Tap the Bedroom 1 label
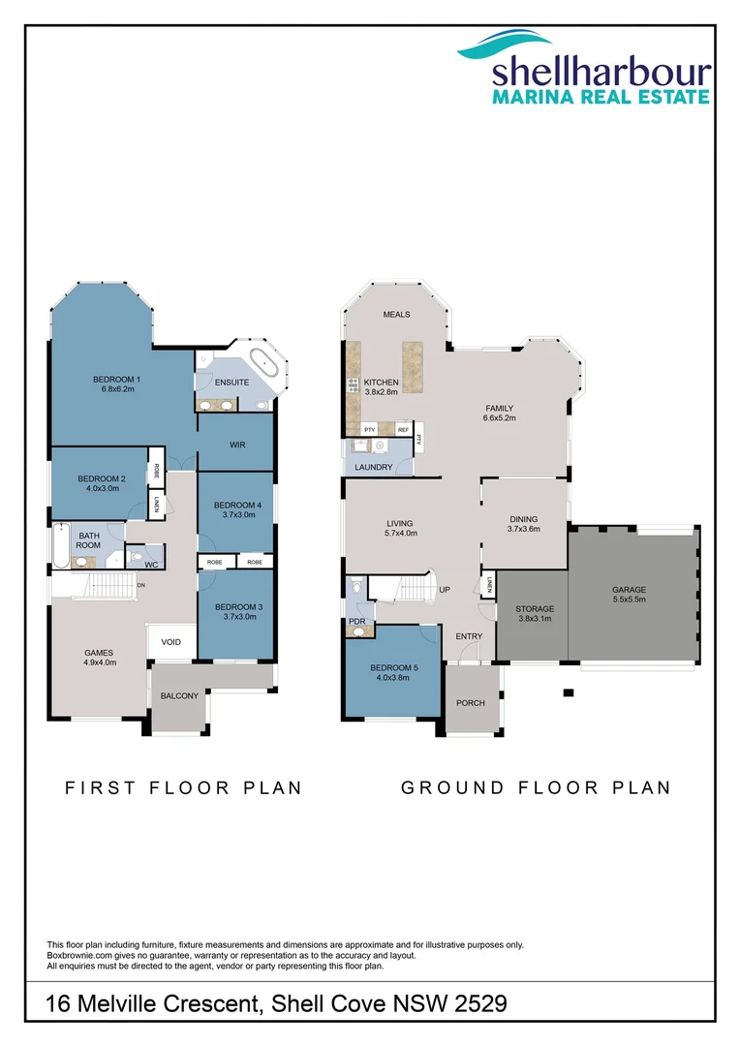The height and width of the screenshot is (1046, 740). pyautogui.click(x=116, y=379)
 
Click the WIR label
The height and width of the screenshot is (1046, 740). pyautogui.click(x=235, y=445)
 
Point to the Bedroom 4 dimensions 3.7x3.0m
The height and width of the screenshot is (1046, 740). pyautogui.click(x=236, y=515)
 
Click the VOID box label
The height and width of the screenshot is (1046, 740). pyautogui.click(x=170, y=641)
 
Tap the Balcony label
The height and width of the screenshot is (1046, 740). pyautogui.click(x=179, y=695)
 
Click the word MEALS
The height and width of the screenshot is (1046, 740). pyautogui.click(x=396, y=315)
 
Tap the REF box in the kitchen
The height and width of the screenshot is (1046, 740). pyautogui.click(x=403, y=428)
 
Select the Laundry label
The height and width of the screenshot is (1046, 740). pyautogui.click(x=374, y=467)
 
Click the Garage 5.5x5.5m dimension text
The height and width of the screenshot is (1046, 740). pyautogui.click(x=629, y=600)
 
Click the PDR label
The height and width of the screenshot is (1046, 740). pyautogui.click(x=356, y=621)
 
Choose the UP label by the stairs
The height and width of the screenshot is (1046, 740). pyautogui.click(x=446, y=590)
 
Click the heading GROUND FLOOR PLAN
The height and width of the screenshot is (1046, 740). pyautogui.click(x=536, y=787)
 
